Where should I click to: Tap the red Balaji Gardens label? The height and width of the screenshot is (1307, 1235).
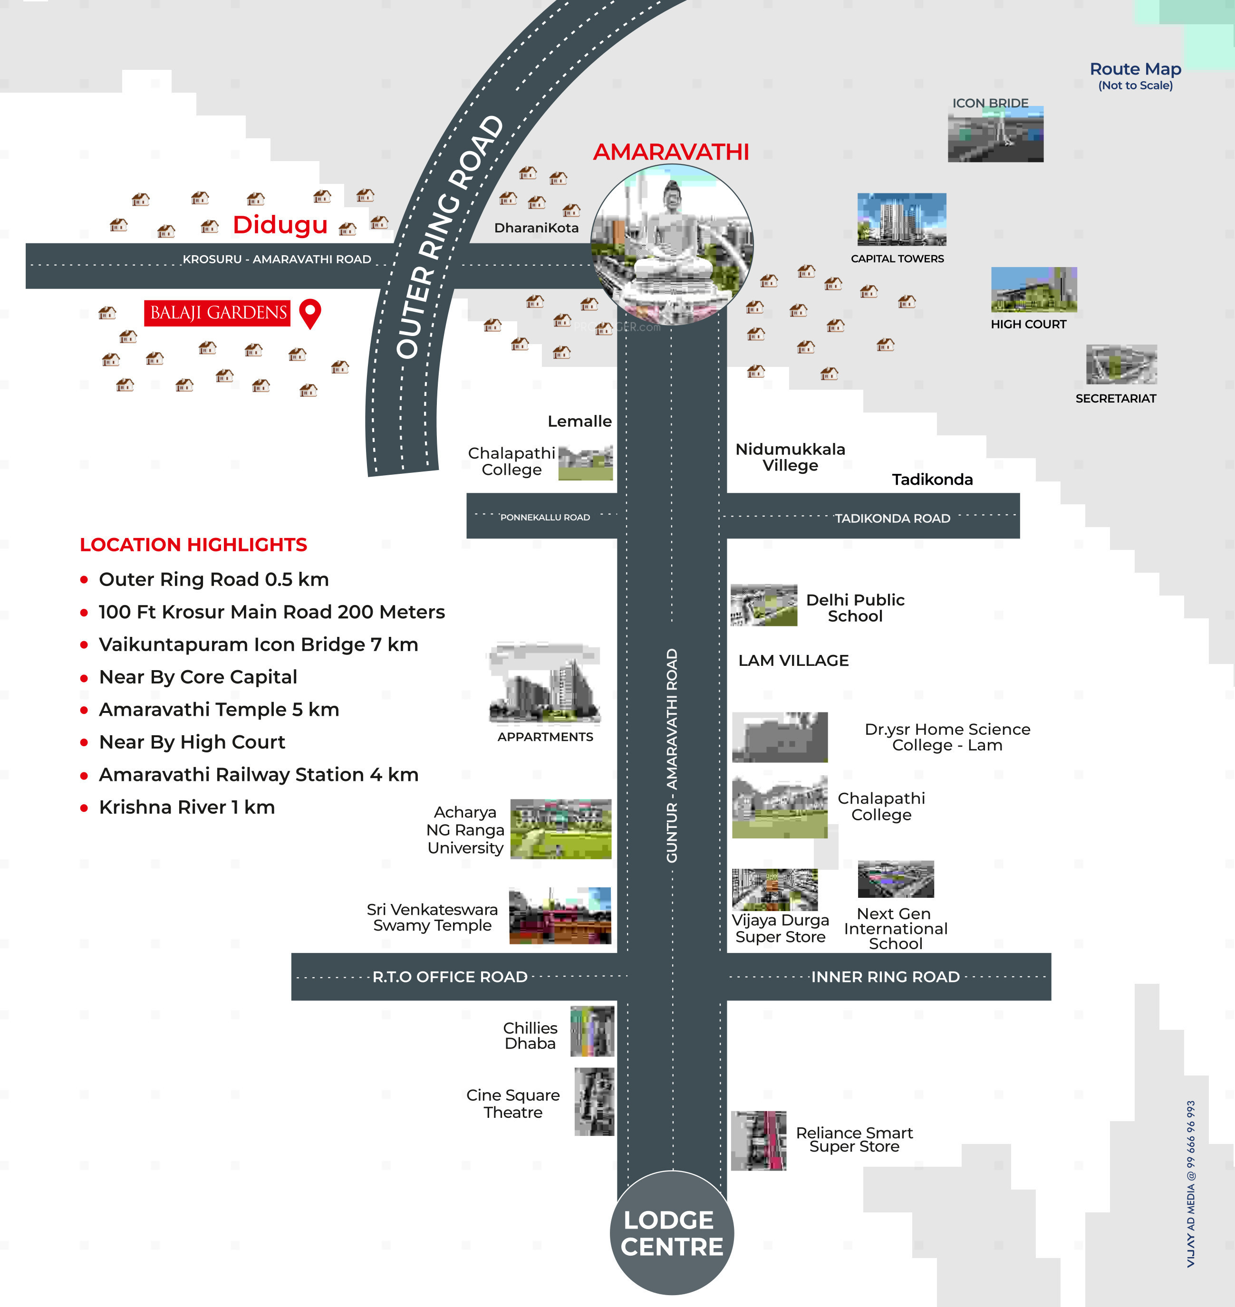(x=218, y=313)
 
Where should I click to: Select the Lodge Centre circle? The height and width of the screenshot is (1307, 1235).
(x=672, y=1233)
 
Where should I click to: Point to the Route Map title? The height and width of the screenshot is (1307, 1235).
(x=1135, y=69)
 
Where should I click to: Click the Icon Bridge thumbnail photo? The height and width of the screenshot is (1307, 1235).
(x=995, y=135)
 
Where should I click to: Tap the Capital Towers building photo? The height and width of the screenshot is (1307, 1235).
(x=901, y=219)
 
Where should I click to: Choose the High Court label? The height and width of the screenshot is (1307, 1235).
(x=1028, y=325)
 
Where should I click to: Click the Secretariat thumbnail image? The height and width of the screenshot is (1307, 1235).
(x=1121, y=365)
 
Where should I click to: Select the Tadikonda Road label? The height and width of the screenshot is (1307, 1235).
(x=892, y=519)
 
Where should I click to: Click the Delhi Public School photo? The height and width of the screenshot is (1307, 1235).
(x=763, y=605)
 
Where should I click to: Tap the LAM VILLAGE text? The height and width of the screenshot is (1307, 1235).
(x=793, y=660)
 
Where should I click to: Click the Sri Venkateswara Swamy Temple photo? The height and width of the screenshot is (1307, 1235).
(x=560, y=915)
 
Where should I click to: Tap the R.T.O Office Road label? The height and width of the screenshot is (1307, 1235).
(x=450, y=977)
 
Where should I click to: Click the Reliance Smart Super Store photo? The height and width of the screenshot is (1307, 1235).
(x=758, y=1141)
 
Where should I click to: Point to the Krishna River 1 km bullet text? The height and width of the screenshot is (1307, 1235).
(x=186, y=807)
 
